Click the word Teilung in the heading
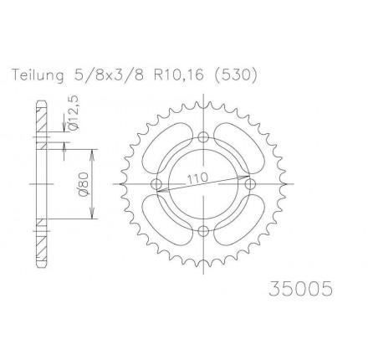pos(38,75)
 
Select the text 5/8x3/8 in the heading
pos(109,75)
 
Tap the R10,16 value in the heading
pos(178,75)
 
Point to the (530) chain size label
pos(235,75)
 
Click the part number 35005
pos(301,288)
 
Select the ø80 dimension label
pos(84,183)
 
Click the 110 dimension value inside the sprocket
pos(197,177)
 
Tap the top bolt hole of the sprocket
pos(204,137)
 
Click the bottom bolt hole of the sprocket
pos(204,230)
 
